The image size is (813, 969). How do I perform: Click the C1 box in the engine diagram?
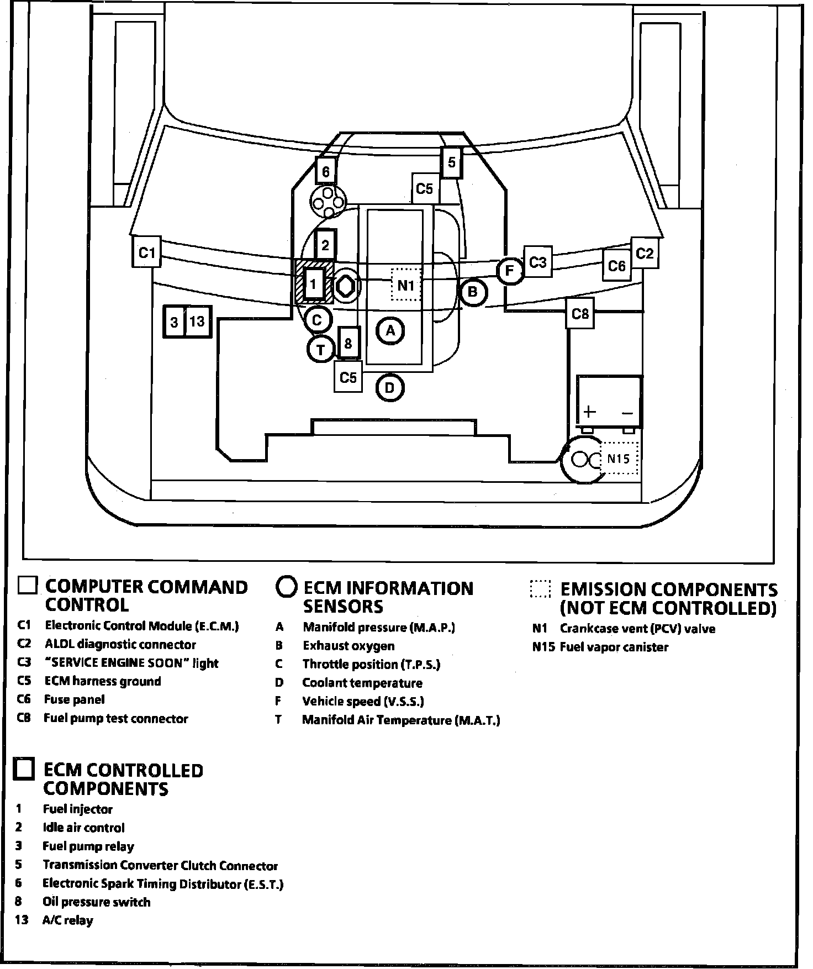click(x=146, y=252)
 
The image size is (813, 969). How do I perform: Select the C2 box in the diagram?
click(x=645, y=253)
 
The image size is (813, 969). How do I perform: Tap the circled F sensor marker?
click(x=510, y=271)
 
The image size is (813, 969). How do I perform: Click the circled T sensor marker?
click(x=321, y=349)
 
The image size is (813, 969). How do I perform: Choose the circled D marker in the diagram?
click(x=390, y=388)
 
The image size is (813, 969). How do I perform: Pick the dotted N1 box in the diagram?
click(x=406, y=285)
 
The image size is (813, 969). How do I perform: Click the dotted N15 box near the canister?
click(x=619, y=459)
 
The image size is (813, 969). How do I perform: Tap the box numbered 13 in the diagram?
click(x=197, y=321)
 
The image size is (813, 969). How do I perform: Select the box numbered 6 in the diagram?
click(x=326, y=172)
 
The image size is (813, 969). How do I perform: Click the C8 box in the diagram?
click(x=580, y=314)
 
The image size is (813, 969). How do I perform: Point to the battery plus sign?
click(x=590, y=412)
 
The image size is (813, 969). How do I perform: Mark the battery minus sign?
click(x=627, y=413)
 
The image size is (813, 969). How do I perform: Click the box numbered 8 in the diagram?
click(x=348, y=343)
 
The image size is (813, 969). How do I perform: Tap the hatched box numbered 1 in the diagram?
click(x=314, y=284)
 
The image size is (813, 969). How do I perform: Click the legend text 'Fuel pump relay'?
click(x=88, y=846)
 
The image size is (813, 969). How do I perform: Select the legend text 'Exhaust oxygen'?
click(x=349, y=646)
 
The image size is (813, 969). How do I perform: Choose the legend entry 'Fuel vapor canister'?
click(x=614, y=647)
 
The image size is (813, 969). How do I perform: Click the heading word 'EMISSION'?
click(x=603, y=589)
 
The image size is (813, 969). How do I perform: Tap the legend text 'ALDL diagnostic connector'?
click(x=120, y=645)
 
